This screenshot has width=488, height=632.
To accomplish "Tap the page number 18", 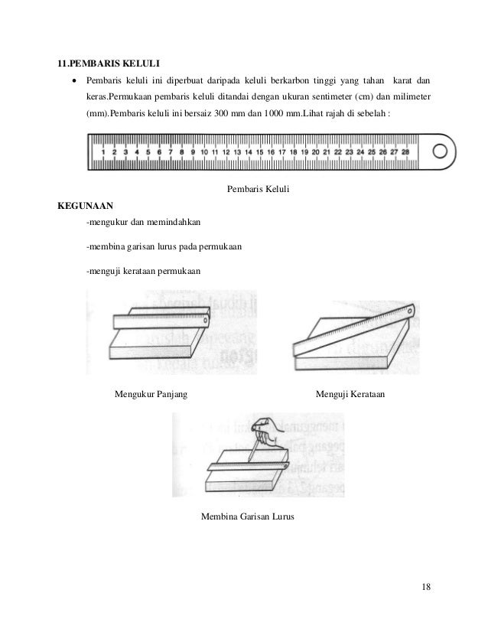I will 426,587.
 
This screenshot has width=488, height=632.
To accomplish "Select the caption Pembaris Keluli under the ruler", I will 259,189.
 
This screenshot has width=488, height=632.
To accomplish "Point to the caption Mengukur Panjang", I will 151,395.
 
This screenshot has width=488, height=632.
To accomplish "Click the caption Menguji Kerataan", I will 350,395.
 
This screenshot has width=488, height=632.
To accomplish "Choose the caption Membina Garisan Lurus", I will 247,516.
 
